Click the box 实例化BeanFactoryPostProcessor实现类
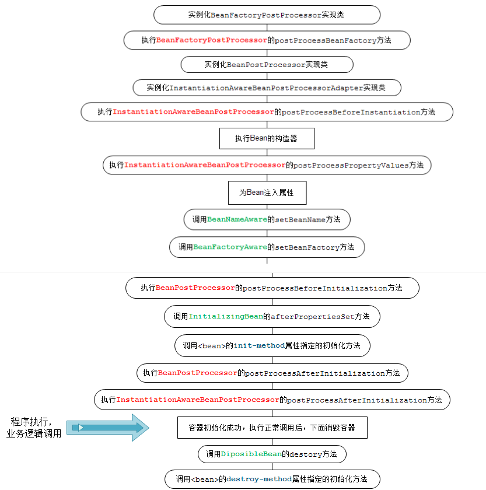267,15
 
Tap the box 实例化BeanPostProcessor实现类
267,64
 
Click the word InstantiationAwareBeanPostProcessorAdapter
266,88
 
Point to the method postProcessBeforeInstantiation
351,112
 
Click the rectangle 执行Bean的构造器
267,138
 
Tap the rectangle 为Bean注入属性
267,192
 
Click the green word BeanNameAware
237,220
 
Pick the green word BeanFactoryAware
230,247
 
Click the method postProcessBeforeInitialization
315,288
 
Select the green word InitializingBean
226,316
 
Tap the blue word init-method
259,345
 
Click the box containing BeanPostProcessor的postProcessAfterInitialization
271,373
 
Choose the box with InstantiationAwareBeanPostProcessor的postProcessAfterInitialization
271,400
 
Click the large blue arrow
108,428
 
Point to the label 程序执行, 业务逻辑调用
33,428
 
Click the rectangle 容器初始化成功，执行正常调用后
271,428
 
